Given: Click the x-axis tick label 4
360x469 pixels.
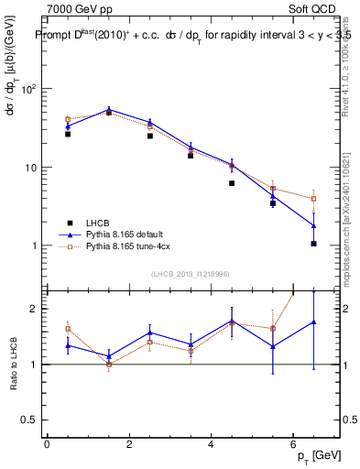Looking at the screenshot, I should (x=211, y=443).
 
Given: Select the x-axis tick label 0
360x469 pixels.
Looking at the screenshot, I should (x=47, y=443).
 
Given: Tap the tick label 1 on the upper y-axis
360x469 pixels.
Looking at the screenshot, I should (x=34, y=246).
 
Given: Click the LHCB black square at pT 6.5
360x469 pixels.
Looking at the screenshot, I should (x=313, y=244).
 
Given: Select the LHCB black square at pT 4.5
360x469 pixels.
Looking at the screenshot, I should (x=232, y=183).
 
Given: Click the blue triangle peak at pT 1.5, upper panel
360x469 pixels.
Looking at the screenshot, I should (x=109, y=109).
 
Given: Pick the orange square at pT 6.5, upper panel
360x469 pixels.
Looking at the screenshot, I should (x=313, y=199).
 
